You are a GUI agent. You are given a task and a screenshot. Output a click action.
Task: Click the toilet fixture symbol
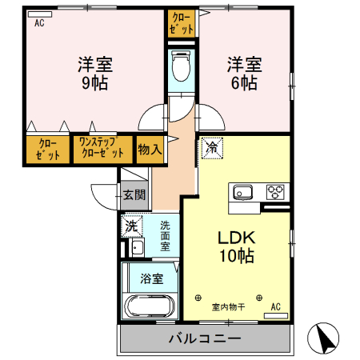[x=182, y=65]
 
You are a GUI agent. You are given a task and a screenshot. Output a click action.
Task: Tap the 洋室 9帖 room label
[x=94, y=73]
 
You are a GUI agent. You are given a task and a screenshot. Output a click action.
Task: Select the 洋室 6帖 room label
[x=243, y=73]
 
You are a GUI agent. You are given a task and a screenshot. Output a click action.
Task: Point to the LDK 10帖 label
[x=237, y=247]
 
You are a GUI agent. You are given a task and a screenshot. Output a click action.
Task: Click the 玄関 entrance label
[x=134, y=194]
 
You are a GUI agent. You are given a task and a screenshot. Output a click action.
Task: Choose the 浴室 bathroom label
[x=152, y=279]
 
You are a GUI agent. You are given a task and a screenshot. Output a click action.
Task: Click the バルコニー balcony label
[x=205, y=338]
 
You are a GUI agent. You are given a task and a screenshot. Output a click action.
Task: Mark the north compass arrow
[x=324, y=338]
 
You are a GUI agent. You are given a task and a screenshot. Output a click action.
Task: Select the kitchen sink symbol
[x=243, y=192]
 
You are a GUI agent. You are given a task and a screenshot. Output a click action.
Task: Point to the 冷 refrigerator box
[x=212, y=147]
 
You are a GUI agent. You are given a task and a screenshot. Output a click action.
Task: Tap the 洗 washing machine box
[x=131, y=226]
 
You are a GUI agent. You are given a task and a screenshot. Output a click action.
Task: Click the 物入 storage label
[x=150, y=149]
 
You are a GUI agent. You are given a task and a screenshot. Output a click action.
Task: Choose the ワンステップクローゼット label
[x=102, y=149]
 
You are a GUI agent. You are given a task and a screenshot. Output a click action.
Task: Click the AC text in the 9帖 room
[x=38, y=23]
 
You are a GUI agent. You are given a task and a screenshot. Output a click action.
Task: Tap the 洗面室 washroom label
[x=165, y=236]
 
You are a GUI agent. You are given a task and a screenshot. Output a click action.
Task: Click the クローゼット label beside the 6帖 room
[x=182, y=23]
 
